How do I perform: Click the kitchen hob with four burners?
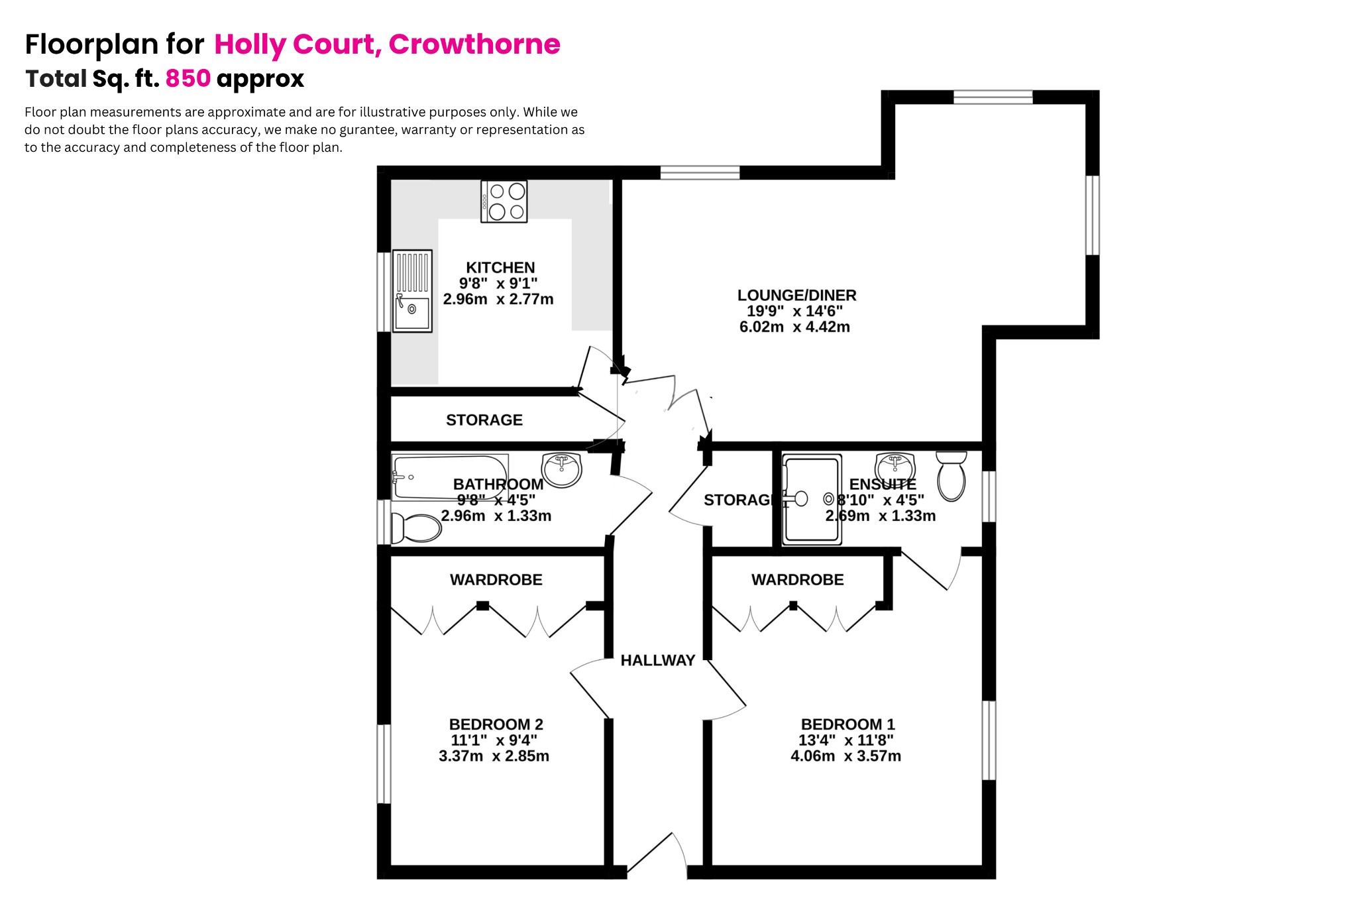pyautogui.click(x=504, y=201)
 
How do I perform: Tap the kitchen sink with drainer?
pyautogui.click(x=412, y=291)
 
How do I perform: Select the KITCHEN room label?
pyautogui.click(x=500, y=268)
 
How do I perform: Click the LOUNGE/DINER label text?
pyautogui.click(x=796, y=296)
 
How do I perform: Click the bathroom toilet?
pyautogui.click(x=417, y=529)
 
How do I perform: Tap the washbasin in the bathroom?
pyautogui.click(x=562, y=469)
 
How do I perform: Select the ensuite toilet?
pyautogui.click(x=951, y=476)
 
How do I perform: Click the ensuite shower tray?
pyautogui.click(x=812, y=500)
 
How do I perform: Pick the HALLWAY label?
pyautogui.click(x=657, y=660)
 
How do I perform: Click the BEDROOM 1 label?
pyautogui.click(x=847, y=724)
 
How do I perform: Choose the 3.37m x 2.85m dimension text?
pyautogui.click(x=494, y=756)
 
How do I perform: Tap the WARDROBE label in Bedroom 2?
pyautogui.click(x=496, y=580)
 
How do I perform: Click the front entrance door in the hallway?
pyautogui.click(x=656, y=855)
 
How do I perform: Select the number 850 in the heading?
pyautogui.click(x=188, y=78)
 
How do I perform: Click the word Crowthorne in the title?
pyautogui.click(x=474, y=44)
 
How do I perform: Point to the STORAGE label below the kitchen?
pyautogui.click(x=484, y=420)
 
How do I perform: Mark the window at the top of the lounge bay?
pyautogui.click(x=993, y=97)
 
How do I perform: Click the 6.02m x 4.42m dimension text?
pyautogui.click(x=794, y=327)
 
